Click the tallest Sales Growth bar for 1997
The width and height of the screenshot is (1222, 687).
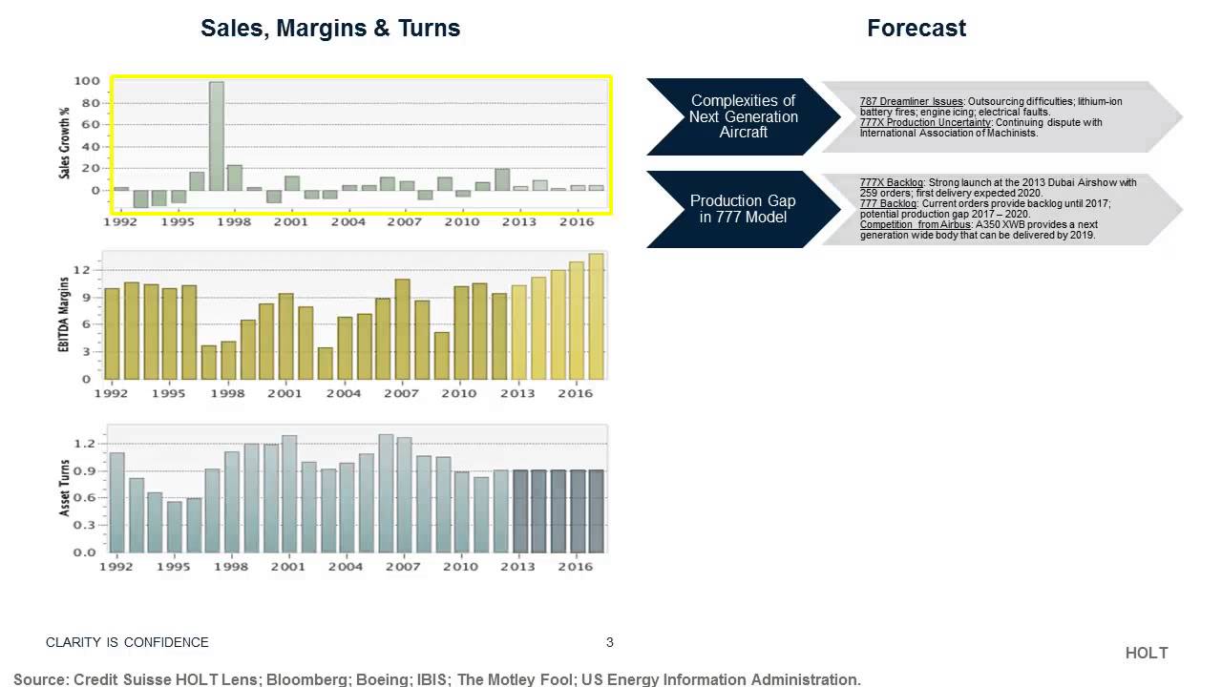[x=217, y=135]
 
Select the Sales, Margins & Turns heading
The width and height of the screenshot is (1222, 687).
[x=330, y=29]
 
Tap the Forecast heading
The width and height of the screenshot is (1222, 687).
[x=916, y=29]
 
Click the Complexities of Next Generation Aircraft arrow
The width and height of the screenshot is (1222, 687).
[x=743, y=116]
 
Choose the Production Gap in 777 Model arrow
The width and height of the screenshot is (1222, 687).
[x=743, y=209]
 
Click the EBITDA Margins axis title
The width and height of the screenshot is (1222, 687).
[x=65, y=316]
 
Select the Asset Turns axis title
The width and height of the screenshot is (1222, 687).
[x=65, y=489]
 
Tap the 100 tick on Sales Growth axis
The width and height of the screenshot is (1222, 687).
[x=88, y=81]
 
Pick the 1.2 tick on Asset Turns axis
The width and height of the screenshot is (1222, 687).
[x=84, y=444]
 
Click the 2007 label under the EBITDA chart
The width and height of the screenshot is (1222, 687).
[x=402, y=393]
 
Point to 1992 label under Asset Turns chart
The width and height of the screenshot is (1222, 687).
[x=116, y=567]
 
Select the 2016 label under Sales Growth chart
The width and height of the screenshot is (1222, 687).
[x=575, y=221]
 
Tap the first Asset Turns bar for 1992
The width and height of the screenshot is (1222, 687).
[x=116, y=502]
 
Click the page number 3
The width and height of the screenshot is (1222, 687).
[x=610, y=642]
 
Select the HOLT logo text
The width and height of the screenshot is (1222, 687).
[x=1147, y=654]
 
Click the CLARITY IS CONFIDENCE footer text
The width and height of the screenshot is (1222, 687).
[x=127, y=642]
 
